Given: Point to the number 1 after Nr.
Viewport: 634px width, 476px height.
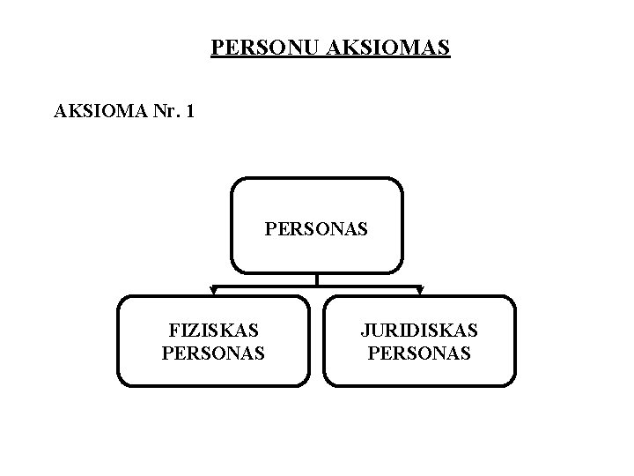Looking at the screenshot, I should (x=192, y=113).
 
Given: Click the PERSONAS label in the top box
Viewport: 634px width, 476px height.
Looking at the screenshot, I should (x=316, y=231).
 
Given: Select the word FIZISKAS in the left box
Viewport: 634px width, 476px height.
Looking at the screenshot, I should (x=214, y=331).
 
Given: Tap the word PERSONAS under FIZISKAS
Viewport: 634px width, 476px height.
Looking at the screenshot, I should (x=214, y=353).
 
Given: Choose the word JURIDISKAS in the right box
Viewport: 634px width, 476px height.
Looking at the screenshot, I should (x=419, y=331).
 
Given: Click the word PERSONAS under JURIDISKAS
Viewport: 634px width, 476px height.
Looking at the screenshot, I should (x=419, y=353).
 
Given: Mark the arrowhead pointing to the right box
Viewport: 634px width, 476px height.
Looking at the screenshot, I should (x=420, y=292).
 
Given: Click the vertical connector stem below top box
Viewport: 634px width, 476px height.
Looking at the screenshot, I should (x=317, y=280).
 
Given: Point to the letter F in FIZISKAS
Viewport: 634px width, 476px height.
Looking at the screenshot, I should (x=173, y=331).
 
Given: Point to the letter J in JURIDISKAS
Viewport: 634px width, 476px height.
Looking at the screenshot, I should (x=364, y=331).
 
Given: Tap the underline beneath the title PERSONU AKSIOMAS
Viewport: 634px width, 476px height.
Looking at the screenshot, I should (x=330, y=56).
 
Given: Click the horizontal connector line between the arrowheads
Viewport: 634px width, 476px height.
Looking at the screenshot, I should (x=264, y=286).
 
